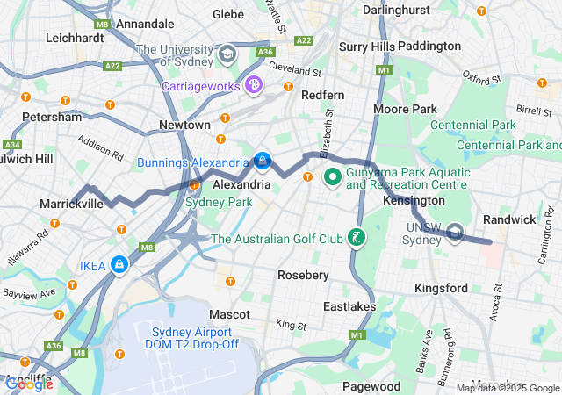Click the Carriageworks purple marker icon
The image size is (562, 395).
pyautogui.click(x=254, y=85)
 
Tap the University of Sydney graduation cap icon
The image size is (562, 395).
pyautogui.click(x=227, y=54)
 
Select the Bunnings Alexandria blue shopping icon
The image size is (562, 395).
pyautogui.click(x=262, y=162)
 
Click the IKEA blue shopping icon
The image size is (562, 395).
pyautogui.click(x=118, y=264)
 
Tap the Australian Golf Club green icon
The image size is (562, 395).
pyautogui.click(x=356, y=238)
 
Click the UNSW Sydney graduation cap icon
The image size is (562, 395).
pyautogui.click(x=454, y=233)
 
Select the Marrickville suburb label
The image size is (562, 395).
pyautogui.click(x=71, y=204)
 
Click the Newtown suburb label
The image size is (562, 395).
pyautogui.click(x=184, y=126)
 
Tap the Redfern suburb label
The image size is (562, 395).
pyautogui.click(x=322, y=94)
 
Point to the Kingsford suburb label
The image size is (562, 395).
pyautogui.click(x=441, y=288)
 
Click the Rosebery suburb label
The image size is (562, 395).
pyautogui.click(x=303, y=275)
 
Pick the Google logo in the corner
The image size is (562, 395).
pyautogui.click(x=29, y=384)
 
